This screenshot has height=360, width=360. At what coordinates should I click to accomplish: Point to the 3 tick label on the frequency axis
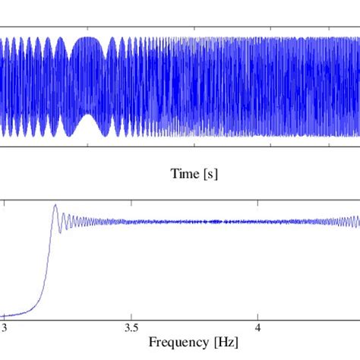[6, 328]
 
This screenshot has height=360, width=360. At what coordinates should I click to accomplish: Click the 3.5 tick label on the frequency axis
[131, 328]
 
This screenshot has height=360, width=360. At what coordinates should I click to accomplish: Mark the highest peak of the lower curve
[55, 206]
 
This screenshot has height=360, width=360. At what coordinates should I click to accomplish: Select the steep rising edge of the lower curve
[48, 251]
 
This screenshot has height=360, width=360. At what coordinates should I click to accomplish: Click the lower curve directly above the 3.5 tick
[131, 222]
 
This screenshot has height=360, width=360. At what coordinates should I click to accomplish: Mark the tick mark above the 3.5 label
[131, 314]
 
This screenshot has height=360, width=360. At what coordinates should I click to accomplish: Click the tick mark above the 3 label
[6, 314]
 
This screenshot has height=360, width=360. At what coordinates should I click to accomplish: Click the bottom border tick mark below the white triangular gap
[84, 144]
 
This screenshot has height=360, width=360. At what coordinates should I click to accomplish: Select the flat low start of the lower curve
[11, 314]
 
